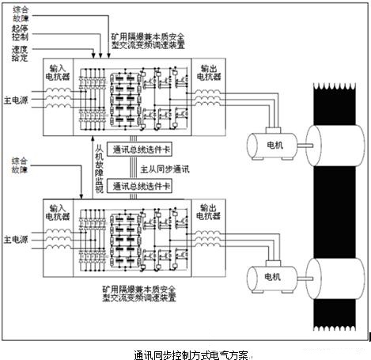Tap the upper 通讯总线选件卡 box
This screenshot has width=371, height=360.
[142, 150]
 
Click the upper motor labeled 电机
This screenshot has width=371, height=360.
[271, 143]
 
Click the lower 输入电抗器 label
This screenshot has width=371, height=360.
[59, 211]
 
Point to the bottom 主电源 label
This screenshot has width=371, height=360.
[18, 237]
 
